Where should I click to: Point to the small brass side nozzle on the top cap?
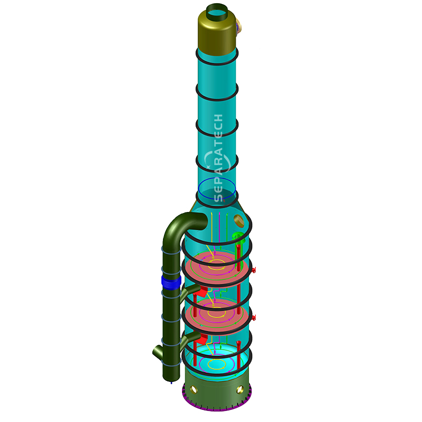click(x=240, y=24)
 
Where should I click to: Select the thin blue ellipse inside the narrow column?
click(x=217, y=190)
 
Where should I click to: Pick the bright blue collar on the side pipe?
click(x=171, y=283)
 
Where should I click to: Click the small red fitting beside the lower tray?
click(x=254, y=318)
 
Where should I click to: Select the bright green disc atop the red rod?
click(x=238, y=236)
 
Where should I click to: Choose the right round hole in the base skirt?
click(x=240, y=391)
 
